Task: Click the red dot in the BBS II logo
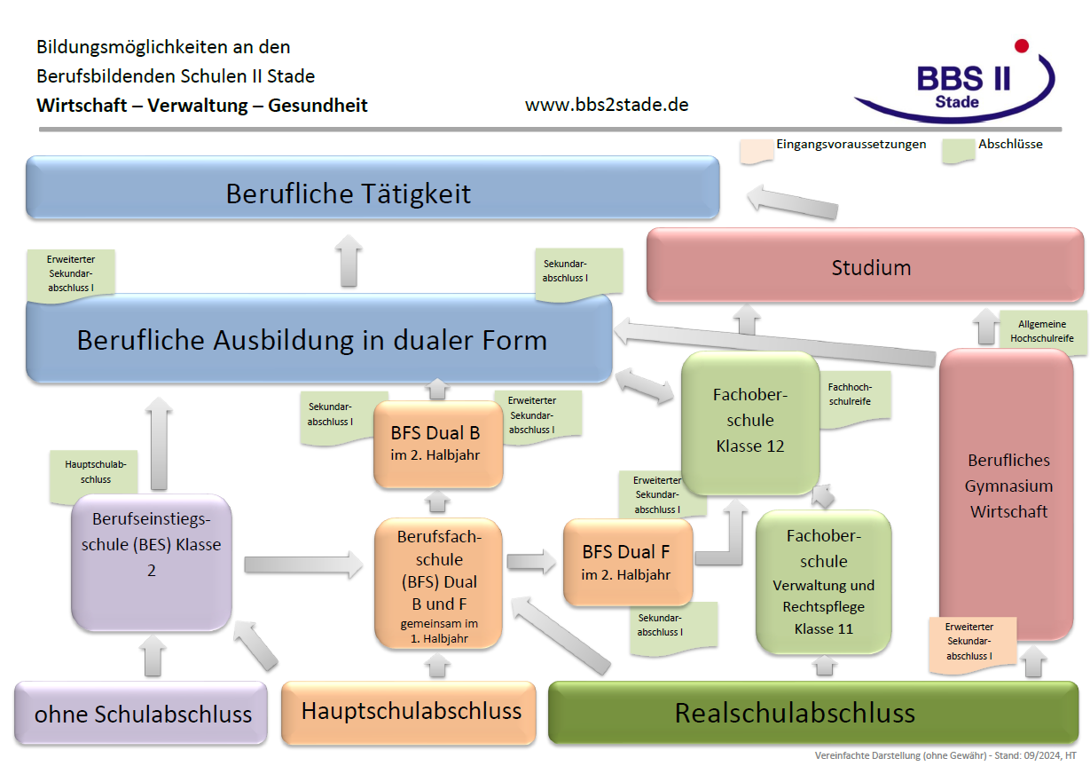click(x=1021, y=45)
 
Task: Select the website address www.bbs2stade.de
click(x=607, y=105)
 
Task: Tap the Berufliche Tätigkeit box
click(x=372, y=193)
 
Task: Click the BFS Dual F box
click(x=627, y=561)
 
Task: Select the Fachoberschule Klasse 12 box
click(x=749, y=421)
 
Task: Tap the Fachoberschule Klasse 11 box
click(x=823, y=581)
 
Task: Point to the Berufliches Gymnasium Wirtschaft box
click(x=1008, y=486)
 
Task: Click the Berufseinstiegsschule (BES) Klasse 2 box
click(x=151, y=557)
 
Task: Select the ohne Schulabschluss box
click(x=142, y=713)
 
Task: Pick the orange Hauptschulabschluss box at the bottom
click(x=410, y=712)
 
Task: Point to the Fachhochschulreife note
click(x=851, y=396)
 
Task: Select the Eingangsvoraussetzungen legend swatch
click(x=755, y=150)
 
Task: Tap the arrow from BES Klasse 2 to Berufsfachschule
click(x=302, y=563)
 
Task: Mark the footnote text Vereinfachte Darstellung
click(x=945, y=755)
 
